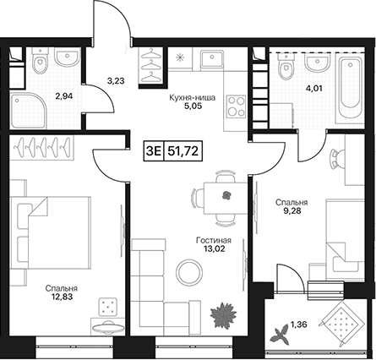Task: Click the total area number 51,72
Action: click(183, 151)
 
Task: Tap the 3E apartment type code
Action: click(154, 151)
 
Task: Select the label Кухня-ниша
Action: click(193, 98)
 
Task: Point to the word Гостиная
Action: click(214, 241)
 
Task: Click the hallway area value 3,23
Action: click(116, 81)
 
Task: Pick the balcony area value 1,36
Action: click(299, 325)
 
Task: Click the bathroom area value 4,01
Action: click(314, 88)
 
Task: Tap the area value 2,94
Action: click(64, 96)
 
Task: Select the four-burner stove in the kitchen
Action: click(236, 106)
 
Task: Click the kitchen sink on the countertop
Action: click(212, 59)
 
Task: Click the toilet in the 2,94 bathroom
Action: click(40, 60)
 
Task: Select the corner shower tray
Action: click(28, 111)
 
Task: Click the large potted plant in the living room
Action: click(224, 315)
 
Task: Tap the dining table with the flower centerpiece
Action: click(226, 199)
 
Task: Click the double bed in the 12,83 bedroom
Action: click(50, 232)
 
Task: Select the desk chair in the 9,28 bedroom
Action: click(337, 159)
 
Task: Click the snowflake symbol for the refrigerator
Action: click(179, 57)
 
